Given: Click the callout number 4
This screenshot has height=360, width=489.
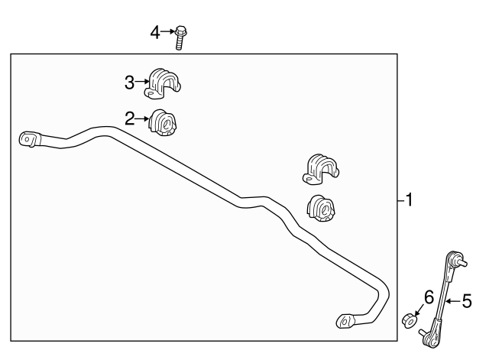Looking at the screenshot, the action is tap(155, 32).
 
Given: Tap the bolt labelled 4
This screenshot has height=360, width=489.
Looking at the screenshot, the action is tap(180, 37).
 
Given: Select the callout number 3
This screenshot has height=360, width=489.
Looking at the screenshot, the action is tap(129, 83).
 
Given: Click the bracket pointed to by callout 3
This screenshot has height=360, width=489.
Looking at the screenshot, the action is tap(163, 84).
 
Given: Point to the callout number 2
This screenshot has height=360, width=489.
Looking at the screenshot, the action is tap(129, 119).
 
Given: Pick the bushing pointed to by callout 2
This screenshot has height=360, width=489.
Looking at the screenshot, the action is tap(163, 122).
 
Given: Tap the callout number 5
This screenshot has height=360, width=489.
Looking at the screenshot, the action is tap(467, 301).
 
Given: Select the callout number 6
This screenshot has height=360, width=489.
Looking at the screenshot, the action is tap(429, 297).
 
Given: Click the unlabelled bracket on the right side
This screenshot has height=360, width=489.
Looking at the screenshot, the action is tap(321, 169).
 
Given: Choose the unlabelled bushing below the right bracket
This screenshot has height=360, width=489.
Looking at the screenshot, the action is tap(321, 209).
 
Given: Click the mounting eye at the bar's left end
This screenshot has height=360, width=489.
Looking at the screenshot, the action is tap(30, 139).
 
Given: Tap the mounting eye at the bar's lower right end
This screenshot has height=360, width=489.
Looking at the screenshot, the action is tap(345, 321).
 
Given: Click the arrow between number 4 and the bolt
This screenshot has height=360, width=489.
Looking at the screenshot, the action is tap(168, 31).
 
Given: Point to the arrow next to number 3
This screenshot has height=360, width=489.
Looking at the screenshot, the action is tap(142, 82).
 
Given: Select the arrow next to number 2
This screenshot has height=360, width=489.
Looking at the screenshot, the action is tap(142, 119).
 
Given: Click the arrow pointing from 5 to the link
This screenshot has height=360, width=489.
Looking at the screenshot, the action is tap(453, 301).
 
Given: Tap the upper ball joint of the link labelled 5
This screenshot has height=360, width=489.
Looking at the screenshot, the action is tap(455, 258).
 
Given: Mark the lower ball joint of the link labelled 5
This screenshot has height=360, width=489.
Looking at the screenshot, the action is tap(430, 337).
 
